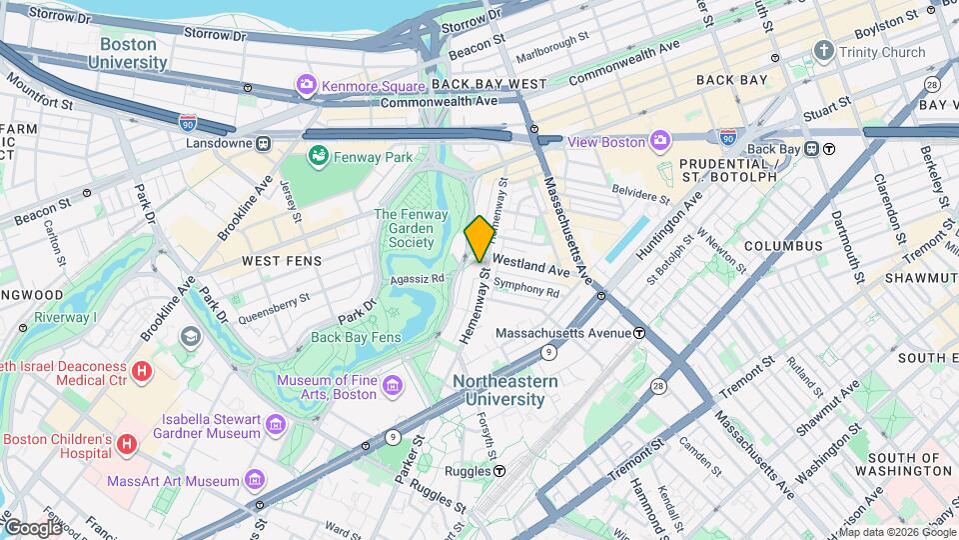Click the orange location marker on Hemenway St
pyautogui.click(x=479, y=239)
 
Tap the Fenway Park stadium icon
pyautogui.click(x=318, y=156)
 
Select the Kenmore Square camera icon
pyautogui.click(x=306, y=84)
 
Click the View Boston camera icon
pyautogui.click(x=660, y=141)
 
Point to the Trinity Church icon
pyautogui.click(x=823, y=51)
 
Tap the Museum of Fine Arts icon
pyautogui.click(x=393, y=386)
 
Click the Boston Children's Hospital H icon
pyautogui.click(x=127, y=442)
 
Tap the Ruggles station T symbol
pyautogui.click(x=498, y=471)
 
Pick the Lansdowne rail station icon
pyautogui.click(x=263, y=143)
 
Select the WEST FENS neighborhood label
pyautogui.click(x=282, y=261)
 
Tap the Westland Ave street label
pyautogui.click(x=530, y=266)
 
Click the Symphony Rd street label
pyautogui.click(x=525, y=289)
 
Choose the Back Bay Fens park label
pyautogui.click(x=356, y=337)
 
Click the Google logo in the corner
pyautogui.click(x=33, y=527)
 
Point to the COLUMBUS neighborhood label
pyautogui.click(x=782, y=246)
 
